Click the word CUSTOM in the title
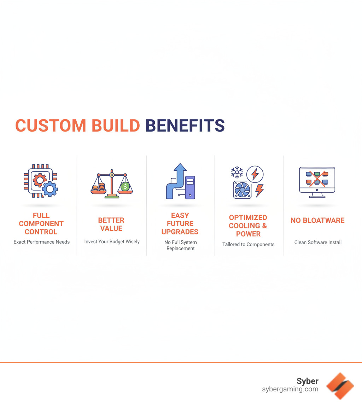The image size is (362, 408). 51,126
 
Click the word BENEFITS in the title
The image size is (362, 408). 185,126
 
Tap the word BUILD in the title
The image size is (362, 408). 115,126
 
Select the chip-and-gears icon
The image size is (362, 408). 41,181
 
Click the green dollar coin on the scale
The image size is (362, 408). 124,186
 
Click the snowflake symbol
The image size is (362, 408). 237,172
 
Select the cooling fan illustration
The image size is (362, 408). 242,190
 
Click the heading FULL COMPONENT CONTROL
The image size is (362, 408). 41,223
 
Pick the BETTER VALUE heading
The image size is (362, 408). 111,224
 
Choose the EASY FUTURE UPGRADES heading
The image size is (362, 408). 180,223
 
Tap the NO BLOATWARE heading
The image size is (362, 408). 317,220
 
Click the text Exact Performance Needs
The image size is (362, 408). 41,242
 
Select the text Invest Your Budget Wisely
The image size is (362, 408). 112,241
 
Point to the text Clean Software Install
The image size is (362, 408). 318,242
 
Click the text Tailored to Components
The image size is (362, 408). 248,244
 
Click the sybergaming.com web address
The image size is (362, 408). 290,389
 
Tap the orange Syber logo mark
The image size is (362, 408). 340,386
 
